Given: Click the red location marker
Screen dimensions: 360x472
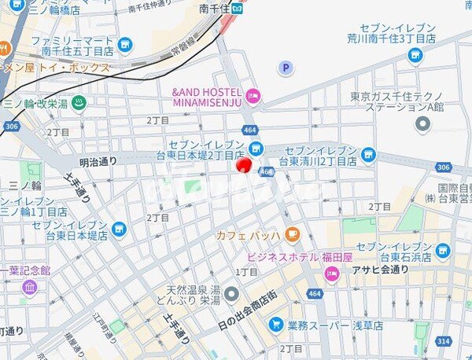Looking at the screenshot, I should tap(244, 163).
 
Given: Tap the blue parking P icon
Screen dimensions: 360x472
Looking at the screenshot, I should tap(285, 68).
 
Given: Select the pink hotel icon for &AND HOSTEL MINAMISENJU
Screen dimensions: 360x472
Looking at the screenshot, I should tap(253, 97).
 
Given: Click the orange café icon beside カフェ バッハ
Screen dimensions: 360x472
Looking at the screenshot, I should tap(292, 233).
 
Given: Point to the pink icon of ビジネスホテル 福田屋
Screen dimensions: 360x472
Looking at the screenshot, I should tap(332, 274).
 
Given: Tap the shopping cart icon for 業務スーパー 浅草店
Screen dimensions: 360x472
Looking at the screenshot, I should tap(275, 324).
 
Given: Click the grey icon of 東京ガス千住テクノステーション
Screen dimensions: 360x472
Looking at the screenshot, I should tap(423, 123).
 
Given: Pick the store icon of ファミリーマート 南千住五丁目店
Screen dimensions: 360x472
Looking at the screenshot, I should tap(127, 45).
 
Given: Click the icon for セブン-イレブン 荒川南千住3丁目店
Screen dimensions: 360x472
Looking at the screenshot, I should tap(415, 54).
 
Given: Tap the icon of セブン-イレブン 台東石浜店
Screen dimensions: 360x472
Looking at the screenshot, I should tap(442, 250).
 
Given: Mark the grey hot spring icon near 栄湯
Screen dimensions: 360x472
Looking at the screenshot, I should tap(232, 294).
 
